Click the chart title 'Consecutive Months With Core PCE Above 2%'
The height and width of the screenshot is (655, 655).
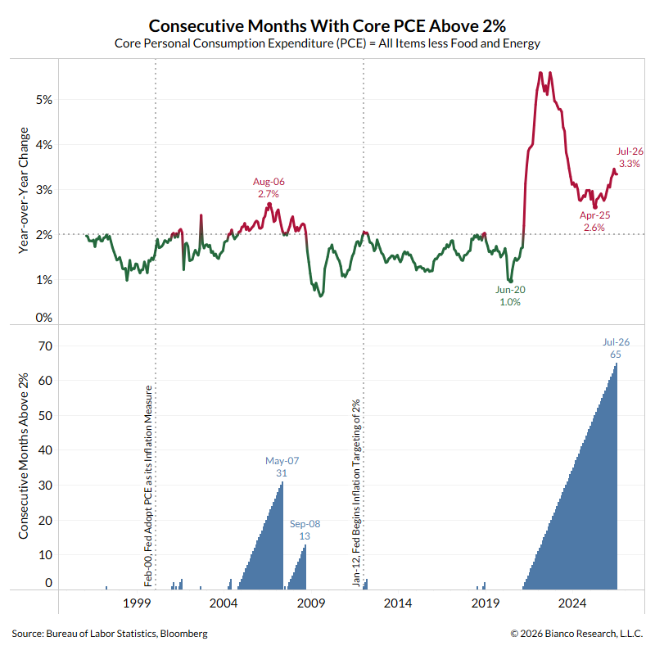tap(327, 26)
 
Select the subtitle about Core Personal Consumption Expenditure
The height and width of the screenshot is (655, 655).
tap(327, 43)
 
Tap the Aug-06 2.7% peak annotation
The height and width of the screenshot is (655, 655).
tap(269, 187)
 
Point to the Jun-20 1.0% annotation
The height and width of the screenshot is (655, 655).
tap(510, 296)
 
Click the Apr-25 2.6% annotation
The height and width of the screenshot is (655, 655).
tap(594, 221)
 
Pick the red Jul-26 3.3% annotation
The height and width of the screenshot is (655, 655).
tap(630, 157)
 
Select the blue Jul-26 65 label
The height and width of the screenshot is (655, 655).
tap(616, 348)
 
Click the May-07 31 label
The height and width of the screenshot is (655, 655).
tap(282, 467)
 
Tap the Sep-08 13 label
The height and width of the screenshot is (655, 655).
tap(305, 530)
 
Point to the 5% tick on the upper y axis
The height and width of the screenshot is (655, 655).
tap(44, 100)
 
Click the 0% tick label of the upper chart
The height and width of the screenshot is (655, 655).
tap(44, 318)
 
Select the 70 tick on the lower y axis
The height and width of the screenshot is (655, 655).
tap(46, 346)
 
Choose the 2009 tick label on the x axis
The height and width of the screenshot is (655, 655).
tap(311, 603)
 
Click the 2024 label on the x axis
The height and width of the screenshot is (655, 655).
tap(572, 603)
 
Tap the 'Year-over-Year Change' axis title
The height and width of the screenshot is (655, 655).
tap(24, 191)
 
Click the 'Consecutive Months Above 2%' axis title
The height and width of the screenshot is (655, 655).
tap(24, 456)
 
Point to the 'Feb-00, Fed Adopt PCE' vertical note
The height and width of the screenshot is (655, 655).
tap(148, 486)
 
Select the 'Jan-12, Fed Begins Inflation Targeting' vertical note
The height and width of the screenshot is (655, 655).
tap(356, 493)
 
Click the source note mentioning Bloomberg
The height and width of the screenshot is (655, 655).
tap(110, 634)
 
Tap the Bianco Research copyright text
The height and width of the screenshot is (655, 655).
tap(576, 634)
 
